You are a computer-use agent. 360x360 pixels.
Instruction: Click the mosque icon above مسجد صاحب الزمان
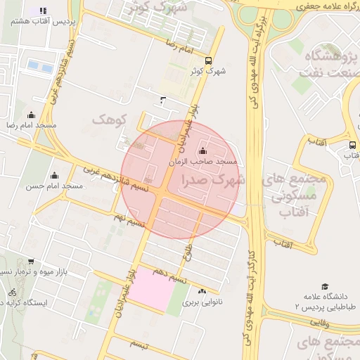pyautogui.click(x=203, y=150)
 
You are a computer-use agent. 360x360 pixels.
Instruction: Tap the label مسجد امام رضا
pyautogui.click(x=31, y=124)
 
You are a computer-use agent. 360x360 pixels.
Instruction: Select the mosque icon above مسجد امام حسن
pyautogui.click(x=54, y=176)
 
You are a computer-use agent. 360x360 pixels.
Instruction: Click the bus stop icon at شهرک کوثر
pyautogui.click(x=208, y=60)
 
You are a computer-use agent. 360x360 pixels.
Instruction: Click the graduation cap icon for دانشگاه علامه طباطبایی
pyautogui.click(x=325, y=286)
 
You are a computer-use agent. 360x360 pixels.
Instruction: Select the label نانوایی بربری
pyautogui.click(x=202, y=303)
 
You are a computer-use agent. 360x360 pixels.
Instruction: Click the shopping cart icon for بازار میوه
pyautogui.click(x=31, y=262)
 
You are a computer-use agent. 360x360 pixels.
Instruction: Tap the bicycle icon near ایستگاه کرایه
pyautogui.click(x=12, y=292)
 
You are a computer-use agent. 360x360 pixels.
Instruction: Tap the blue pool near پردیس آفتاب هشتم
pyautogui.click(x=39, y=67)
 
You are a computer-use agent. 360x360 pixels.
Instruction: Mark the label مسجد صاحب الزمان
pyautogui.click(x=204, y=162)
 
